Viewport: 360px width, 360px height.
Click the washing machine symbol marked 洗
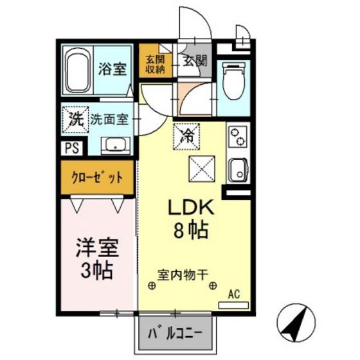point(75,119)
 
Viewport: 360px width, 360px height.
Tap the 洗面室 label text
point(109,119)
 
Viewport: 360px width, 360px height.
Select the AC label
point(235,294)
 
